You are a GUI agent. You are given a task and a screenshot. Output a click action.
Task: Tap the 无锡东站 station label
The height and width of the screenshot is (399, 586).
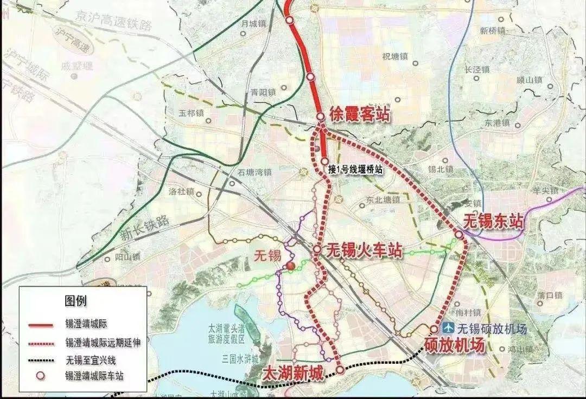point(494,221)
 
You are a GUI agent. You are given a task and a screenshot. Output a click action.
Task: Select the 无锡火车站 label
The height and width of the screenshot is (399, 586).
point(364,250)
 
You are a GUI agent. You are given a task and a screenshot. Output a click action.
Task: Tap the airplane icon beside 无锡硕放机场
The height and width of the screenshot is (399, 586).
point(449,327)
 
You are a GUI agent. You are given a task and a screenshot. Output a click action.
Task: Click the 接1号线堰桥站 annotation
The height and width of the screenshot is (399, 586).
point(355,170)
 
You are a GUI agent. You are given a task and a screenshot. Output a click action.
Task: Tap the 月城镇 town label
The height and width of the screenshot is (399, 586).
point(255,23)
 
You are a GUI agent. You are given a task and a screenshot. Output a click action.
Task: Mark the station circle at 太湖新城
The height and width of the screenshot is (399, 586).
point(340,370)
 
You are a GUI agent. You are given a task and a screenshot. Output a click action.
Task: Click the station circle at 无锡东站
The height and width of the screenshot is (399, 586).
point(459,235)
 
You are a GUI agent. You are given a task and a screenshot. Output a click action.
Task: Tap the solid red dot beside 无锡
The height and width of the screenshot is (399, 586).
point(290,266)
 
